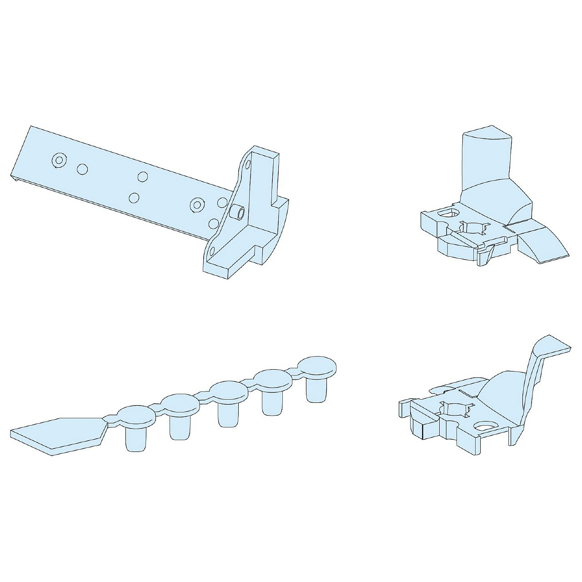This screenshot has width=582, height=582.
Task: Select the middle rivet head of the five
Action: [229, 391]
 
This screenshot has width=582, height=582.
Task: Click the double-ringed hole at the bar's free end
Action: [59, 161]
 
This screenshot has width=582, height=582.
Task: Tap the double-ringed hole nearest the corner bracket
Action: [197, 205]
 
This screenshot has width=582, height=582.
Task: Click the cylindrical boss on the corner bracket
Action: [237, 212]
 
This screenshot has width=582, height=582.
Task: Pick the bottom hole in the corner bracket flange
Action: [212, 250]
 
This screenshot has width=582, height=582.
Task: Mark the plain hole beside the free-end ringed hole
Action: [82, 169]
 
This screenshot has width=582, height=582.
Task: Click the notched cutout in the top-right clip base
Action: [474, 227]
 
